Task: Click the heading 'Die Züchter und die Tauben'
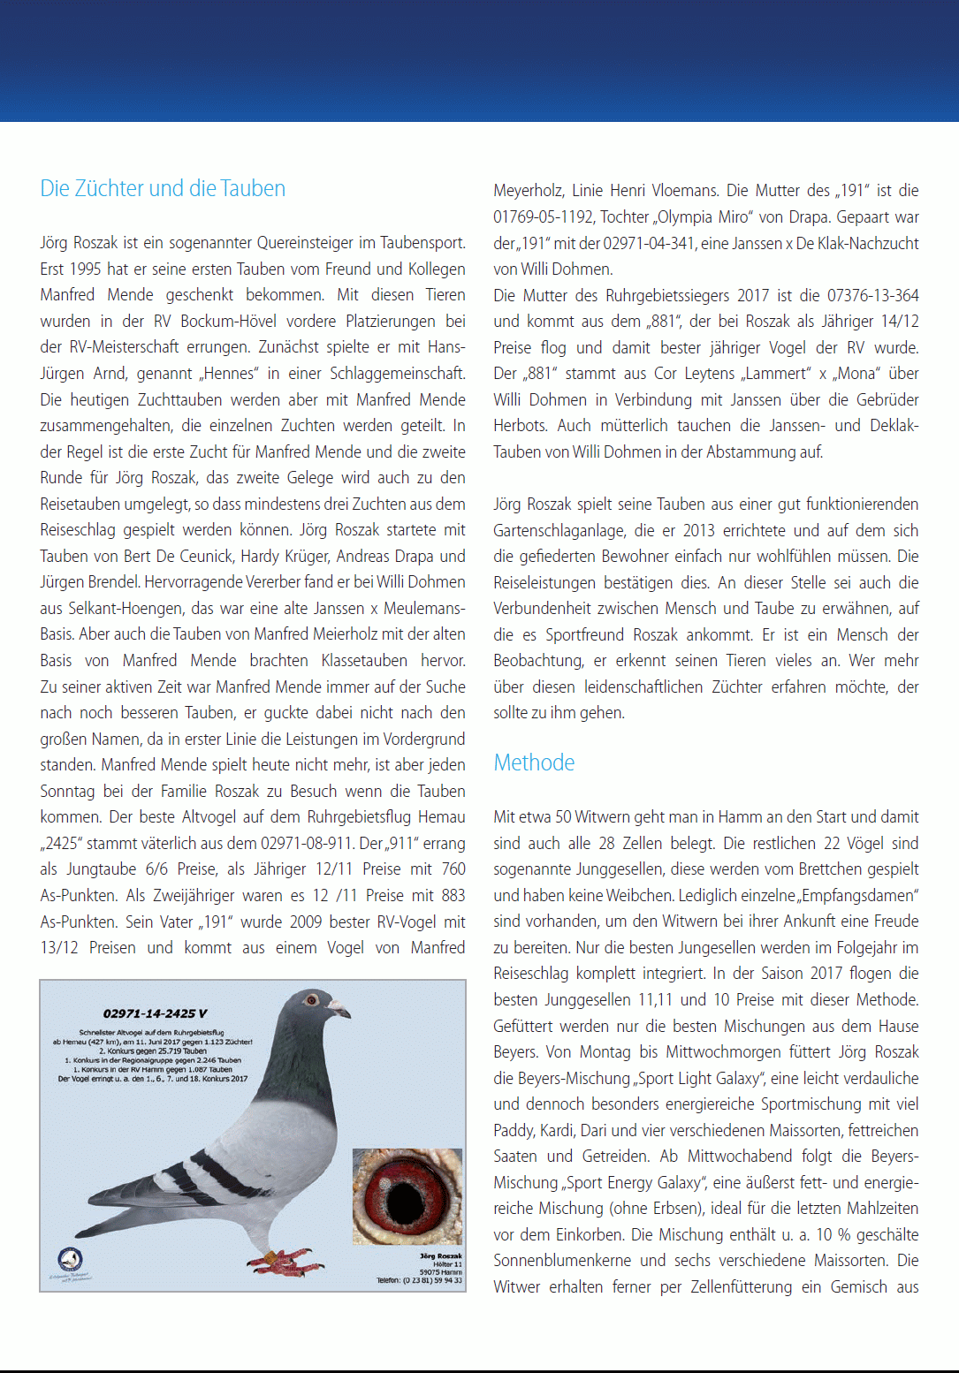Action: (x=163, y=188)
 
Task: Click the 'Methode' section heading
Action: (x=534, y=762)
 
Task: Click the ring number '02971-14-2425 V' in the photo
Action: (x=156, y=1013)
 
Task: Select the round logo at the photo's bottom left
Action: (x=70, y=1259)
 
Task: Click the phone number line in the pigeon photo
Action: (x=419, y=1280)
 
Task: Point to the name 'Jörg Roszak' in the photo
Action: (x=441, y=1255)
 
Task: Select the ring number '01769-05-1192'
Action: (x=543, y=217)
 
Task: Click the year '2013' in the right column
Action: (x=698, y=530)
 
